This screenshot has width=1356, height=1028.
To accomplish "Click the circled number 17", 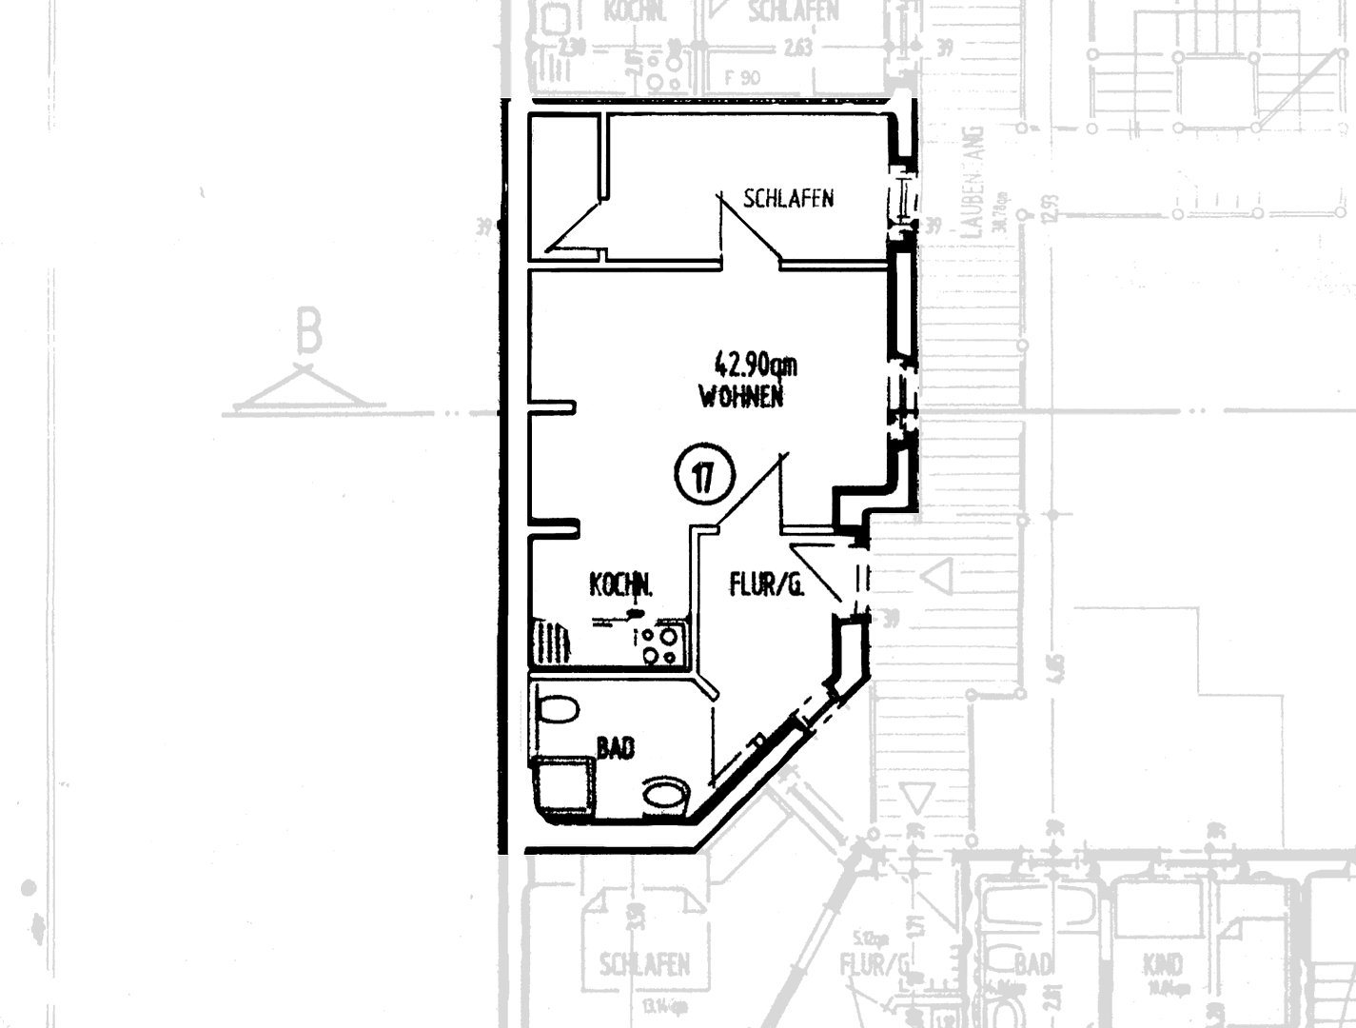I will click(704, 476).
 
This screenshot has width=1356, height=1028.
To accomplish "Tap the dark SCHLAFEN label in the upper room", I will click(788, 198).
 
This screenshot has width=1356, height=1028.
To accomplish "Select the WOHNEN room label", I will click(741, 397).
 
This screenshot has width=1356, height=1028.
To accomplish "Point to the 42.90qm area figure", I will click(756, 365).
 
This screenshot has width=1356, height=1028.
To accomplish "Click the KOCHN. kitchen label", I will click(621, 584).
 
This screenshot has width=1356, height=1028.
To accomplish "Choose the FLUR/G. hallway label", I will click(766, 583).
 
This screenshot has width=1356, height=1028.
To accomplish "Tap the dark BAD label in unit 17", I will click(616, 748).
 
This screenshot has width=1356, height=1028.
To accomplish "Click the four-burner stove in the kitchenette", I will click(659, 644).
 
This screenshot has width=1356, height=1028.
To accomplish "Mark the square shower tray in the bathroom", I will click(566, 786).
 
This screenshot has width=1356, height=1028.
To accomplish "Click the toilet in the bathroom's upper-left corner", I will click(558, 710).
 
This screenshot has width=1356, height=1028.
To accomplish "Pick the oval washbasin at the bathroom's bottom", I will click(666, 796).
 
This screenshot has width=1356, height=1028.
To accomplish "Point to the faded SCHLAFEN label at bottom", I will click(644, 964).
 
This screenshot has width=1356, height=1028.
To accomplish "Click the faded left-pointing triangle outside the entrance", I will click(939, 575).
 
